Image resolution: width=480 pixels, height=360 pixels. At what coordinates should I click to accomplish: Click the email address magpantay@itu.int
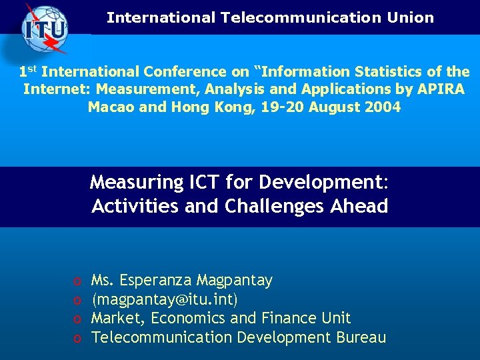[x=165, y=299]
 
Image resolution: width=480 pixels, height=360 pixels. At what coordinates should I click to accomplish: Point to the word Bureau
[x=361, y=337]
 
